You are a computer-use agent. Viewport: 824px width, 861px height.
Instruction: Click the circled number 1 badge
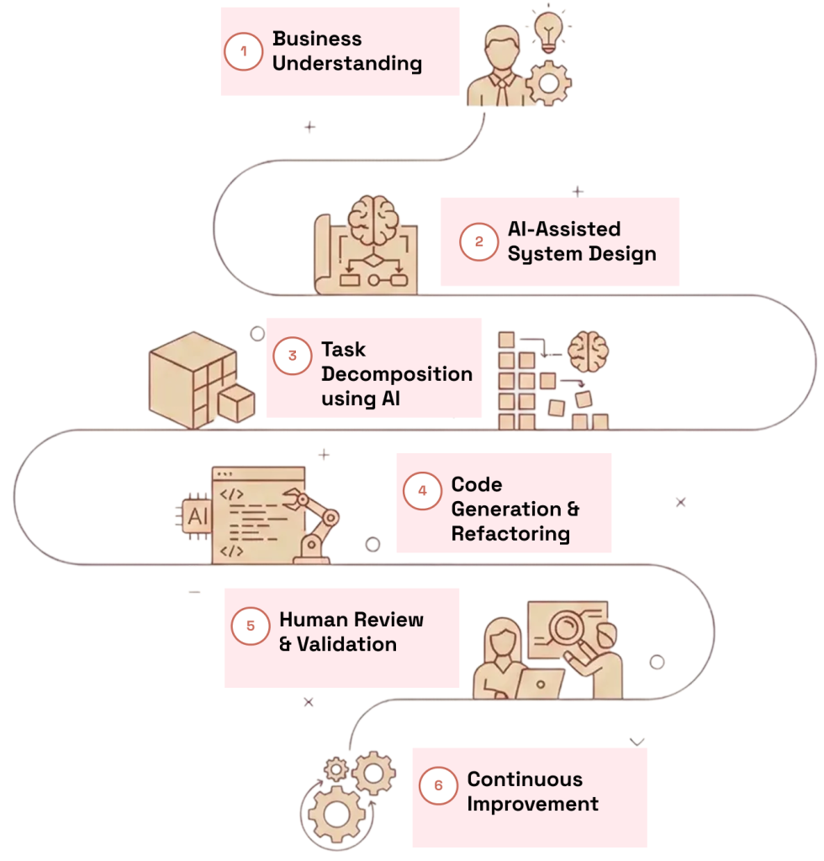click(x=244, y=51)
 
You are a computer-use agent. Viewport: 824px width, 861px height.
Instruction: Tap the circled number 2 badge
click(x=479, y=242)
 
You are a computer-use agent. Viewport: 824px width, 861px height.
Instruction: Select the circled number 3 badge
click(x=292, y=356)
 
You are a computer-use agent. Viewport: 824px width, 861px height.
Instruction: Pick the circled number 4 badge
click(x=422, y=490)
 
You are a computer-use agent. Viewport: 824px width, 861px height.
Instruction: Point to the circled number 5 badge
click(x=250, y=626)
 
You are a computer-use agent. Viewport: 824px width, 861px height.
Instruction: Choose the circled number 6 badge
click(x=438, y=786)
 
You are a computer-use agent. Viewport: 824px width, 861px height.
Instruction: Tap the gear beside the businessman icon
click(x=549, y=82)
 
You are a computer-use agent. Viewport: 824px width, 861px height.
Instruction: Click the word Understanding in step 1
click(x=346, y=64)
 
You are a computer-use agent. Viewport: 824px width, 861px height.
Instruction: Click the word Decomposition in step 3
click(x=397, y=374)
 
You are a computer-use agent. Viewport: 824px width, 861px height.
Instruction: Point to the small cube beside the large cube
click(x=236, y=404)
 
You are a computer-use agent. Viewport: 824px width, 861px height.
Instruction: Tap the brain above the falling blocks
click(x=588, y=351)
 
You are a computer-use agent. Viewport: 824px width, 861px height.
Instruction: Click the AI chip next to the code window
click(x=195, y=515)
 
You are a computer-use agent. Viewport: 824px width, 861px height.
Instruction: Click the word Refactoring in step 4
click(x=510, y=534)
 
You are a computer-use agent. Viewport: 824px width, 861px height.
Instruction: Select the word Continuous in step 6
click(x=525, y=779)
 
